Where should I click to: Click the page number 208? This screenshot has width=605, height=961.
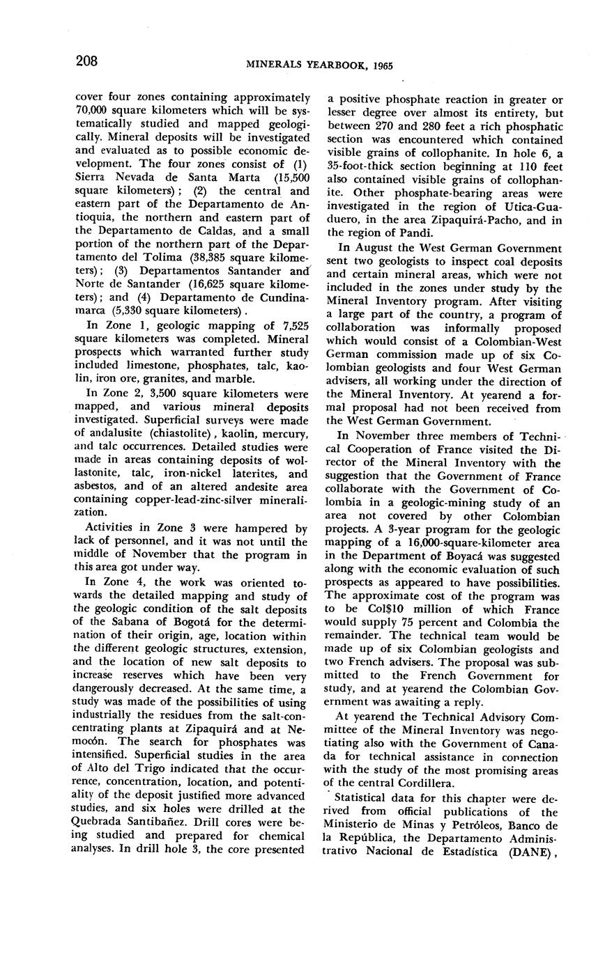(x=86, y=61)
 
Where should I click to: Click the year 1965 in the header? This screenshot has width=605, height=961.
(x=383, y=65)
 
